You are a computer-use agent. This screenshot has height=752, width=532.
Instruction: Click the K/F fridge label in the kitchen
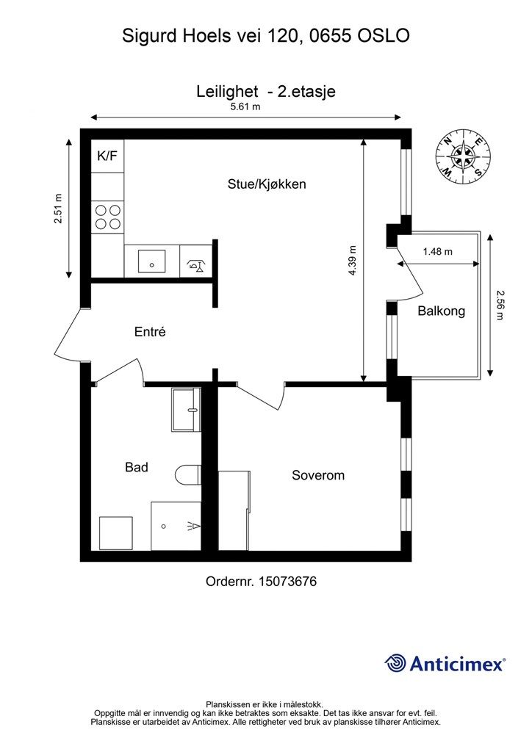[107, 156]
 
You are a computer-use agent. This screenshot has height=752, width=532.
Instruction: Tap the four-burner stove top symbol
[108, 217]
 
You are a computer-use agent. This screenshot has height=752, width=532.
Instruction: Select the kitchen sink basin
[151, 261]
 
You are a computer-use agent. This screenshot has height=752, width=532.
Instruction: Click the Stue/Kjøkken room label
[267, 184]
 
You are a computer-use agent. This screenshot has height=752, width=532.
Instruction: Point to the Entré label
[150, 331]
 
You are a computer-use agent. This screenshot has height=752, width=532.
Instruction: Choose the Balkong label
[442, 311]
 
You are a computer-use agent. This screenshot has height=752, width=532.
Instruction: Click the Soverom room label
[318, 475]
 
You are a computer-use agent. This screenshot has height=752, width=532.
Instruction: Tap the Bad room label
[136, 467]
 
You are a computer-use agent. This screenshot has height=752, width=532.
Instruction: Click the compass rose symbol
[464, 157]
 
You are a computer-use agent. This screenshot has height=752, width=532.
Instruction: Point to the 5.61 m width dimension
[245, 106]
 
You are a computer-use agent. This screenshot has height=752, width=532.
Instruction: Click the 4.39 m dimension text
[353, 261]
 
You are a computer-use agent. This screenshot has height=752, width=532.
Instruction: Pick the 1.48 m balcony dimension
[437, 251]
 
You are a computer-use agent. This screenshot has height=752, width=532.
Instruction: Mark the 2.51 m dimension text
[58, 209]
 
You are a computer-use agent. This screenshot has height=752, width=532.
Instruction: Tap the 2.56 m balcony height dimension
[501, 305]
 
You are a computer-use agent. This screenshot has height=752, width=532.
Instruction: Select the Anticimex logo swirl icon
[395, 663]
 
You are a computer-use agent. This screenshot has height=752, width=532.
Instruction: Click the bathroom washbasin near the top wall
[186, 410]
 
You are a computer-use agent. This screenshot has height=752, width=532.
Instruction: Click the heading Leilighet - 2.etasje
[266, 91]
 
